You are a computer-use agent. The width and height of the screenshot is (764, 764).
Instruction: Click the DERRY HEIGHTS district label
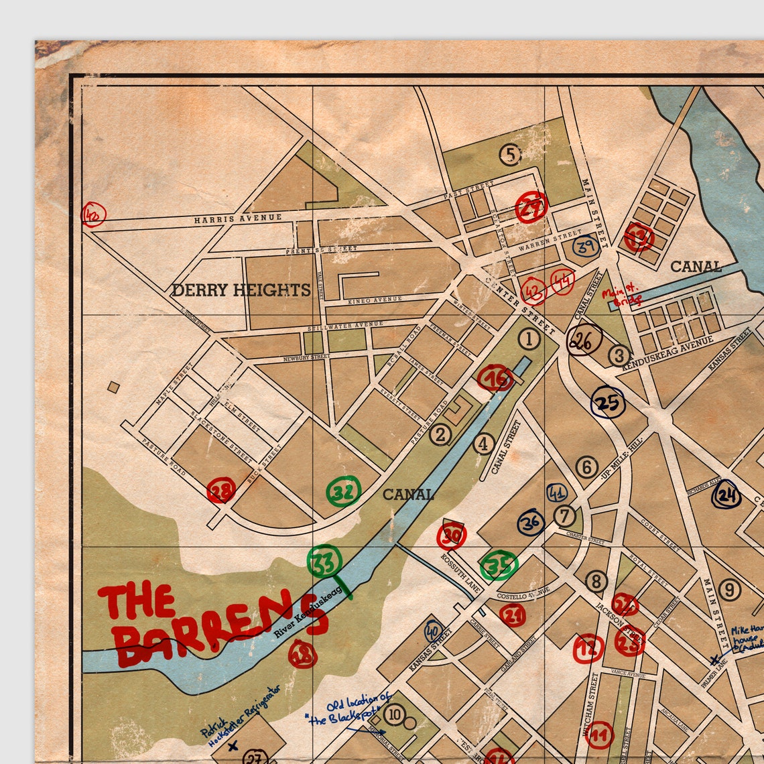(241, 290)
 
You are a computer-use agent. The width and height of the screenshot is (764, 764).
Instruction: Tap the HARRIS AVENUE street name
(239, 218)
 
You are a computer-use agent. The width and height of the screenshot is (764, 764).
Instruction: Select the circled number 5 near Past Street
(510, 155)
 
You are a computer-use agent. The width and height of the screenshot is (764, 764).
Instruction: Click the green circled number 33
(324, 562)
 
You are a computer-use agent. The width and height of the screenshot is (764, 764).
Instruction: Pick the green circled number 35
(499, 566)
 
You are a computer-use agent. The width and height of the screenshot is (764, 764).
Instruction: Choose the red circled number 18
(302, 653)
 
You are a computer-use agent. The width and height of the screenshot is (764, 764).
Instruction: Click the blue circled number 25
(608, 403)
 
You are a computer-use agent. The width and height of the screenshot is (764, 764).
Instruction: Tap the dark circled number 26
(582, 342)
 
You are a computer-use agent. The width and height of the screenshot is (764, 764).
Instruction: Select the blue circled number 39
(586, 246)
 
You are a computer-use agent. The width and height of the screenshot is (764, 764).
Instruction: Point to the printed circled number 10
(394, 715)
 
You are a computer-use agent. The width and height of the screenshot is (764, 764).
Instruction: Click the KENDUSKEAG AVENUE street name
(668, 353)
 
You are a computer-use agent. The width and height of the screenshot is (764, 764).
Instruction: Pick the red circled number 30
(452, 535)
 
